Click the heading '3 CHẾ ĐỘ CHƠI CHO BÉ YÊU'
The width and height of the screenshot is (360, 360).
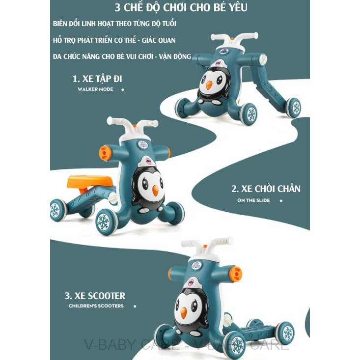181,8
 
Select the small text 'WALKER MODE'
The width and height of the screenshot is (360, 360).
95,89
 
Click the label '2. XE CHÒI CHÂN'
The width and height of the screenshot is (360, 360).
266,189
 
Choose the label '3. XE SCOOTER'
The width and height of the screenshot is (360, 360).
95,296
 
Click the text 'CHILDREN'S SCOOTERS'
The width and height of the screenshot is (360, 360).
96,306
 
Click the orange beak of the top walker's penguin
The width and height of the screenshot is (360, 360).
209,84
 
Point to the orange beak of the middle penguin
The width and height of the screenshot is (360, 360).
155,191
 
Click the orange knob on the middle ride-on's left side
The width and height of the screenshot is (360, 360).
105,153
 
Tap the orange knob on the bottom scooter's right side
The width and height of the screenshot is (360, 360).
236,274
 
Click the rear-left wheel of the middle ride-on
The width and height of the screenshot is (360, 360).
58,210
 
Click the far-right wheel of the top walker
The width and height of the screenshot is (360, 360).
294,108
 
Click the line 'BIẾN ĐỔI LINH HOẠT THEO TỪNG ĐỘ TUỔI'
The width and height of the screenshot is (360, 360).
114,24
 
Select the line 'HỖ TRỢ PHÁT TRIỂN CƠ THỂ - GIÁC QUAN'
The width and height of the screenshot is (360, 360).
114,40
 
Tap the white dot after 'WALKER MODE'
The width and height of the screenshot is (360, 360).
122,90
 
